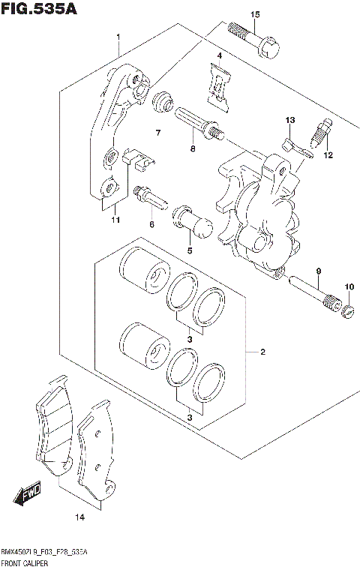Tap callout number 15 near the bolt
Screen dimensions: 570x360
[x=255, y=15]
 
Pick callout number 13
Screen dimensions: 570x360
[x=289, y=120]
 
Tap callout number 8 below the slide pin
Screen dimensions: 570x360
[x=192, y=149]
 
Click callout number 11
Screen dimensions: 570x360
[x=115, y=220]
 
